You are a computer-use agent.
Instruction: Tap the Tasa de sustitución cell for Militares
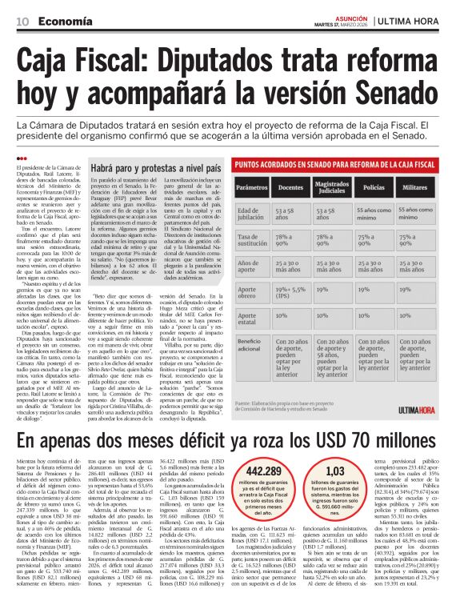[429, 241]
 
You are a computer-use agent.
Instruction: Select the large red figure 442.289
[265, 471]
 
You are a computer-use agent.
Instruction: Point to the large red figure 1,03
[337, 471]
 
